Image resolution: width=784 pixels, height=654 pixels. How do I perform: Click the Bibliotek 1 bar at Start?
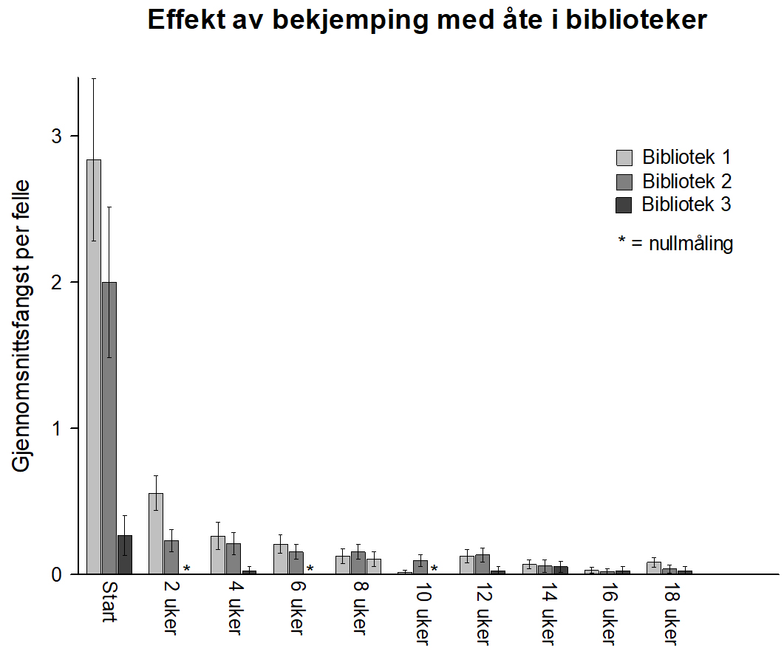pyautogui.click(x=94, y=369)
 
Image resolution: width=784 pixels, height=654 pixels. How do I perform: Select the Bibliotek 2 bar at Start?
pyautogui.click(x=109, y=428)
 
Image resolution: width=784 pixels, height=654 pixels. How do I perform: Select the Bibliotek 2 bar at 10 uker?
pyautogui.click(x=420, y=567)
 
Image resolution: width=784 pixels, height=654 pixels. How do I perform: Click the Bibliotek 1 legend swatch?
pyautogui.click(x=624, y=158)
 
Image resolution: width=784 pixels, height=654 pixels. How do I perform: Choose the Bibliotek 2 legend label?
pyautogui.click(x=686, y=181)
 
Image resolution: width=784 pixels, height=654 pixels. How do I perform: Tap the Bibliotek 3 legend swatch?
pyautogui.click(x=624, y=205)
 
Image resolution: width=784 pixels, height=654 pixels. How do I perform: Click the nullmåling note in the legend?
pyautogui.click(x=675, y=244)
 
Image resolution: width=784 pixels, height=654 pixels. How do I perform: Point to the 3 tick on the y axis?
pyautogui.click(x=76, y=137)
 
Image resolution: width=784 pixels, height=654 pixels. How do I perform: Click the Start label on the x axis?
pyautogui.click(x=109, y=602)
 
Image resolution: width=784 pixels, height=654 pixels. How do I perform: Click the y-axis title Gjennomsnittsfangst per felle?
pyautogui.click(x=21, y=326)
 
